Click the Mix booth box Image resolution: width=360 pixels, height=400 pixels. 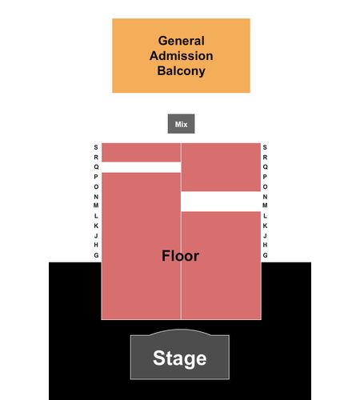[181, 124]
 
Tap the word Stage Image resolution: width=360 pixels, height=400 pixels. [180, 358]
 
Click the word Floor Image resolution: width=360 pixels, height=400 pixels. [181, 256]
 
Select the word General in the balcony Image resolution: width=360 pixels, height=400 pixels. [182, 41]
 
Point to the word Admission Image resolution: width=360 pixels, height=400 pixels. [182, 56]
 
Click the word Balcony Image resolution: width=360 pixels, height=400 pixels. [182, 71]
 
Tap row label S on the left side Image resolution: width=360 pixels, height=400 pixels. [96, 147]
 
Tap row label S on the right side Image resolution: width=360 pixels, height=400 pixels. [265, 147]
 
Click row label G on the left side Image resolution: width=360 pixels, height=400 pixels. [96, 255]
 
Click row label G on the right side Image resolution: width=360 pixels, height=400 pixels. [265, 255]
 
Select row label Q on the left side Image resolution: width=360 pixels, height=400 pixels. [96, 167]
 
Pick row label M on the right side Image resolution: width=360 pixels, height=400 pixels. [265, 206]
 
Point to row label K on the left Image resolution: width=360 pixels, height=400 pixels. [96, 226]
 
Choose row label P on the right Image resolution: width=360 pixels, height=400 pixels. [265, 177]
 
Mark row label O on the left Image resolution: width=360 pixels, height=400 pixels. [96, 186]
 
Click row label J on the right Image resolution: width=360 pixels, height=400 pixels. [265, 236]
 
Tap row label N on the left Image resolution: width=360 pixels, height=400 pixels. [96, 197]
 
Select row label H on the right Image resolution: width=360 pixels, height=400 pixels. [265, 245]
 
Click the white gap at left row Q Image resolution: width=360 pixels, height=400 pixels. [142, 167]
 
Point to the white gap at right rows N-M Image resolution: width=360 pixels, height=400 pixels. [221, 202]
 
